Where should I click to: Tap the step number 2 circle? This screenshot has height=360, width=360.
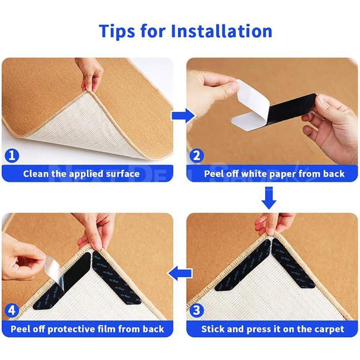tap(196, 155)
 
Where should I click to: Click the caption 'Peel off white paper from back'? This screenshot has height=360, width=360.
tap(274, 174)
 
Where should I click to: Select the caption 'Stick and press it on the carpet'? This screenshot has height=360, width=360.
tap(272, 329)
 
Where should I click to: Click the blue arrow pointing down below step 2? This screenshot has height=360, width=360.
tap(269, 197)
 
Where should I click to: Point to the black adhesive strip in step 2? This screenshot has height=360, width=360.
tap(282, 117)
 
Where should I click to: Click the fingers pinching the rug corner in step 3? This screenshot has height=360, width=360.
tap(274, 224)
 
